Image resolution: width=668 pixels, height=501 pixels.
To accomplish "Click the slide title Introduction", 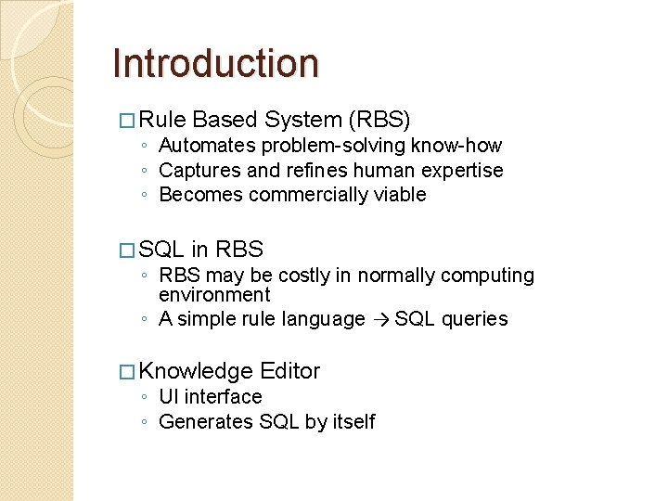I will click(215, 63).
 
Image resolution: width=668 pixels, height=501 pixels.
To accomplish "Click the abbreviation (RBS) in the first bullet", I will click(379, 120).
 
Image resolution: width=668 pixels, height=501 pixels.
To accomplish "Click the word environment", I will click(214, 295).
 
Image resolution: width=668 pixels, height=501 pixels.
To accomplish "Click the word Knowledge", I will click(197, 372).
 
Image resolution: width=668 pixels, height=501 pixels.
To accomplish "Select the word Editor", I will click(290, 372).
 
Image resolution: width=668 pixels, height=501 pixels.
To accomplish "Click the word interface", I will click(224, 397).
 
